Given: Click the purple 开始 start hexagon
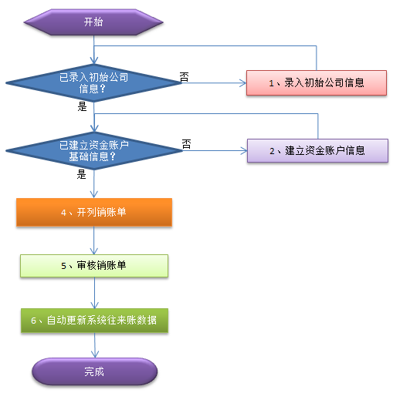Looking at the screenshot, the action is click(x=93, y=22).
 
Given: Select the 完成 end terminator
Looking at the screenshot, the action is click(x=94, y=371).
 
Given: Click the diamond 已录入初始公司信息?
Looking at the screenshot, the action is click(x=94, y=83).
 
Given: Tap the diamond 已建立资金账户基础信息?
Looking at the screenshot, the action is click(x=94, y=151).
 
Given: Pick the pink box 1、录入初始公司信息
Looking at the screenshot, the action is click(x=317, y=83).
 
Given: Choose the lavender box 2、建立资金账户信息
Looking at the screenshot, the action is click(x=317, y=151).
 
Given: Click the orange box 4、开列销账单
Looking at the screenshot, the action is click(x=94, y=213).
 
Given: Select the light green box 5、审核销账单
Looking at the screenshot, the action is click(x=94, y=266).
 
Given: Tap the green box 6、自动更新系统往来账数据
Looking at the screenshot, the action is click(x=94, y=321).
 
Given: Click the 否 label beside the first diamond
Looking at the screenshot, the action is click(x=184, y=77).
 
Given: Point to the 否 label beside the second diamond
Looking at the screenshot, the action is click(x=186, y=144).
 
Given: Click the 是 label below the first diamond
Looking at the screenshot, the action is click(x=82, y=106).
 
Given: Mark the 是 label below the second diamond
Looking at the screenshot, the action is click(x=81, y=174).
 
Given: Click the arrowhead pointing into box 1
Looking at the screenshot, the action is click(x=243, y=83).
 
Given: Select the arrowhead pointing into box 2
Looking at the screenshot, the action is click(x=244, y=151).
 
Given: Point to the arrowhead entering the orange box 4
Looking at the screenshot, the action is click(x=94, y=194).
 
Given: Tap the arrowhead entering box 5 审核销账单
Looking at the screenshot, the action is click(x=94, y=251).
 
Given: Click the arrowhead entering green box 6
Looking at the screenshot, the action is click(x=94, y=305).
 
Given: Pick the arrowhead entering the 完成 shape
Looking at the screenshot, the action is click(x=95, y=354).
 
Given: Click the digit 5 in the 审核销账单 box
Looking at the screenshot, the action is click(x=63, y=266).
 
